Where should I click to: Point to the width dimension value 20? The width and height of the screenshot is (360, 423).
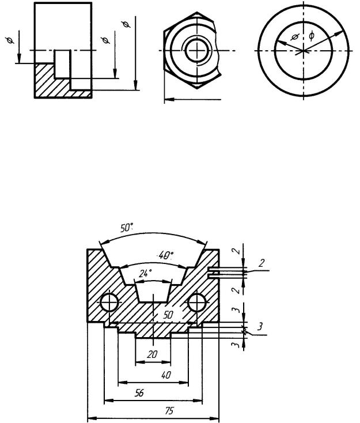point(152,354)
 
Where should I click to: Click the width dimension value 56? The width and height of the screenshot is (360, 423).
point(139,393)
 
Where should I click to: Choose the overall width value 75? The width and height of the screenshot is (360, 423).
point(169,411)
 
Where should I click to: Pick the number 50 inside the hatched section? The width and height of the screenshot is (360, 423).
point(168,315)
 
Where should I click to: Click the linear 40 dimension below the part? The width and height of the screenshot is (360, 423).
point(166,375)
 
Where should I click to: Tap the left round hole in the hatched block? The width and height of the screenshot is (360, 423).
point(109,303)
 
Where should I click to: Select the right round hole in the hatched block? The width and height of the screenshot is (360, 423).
point(197,303)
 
